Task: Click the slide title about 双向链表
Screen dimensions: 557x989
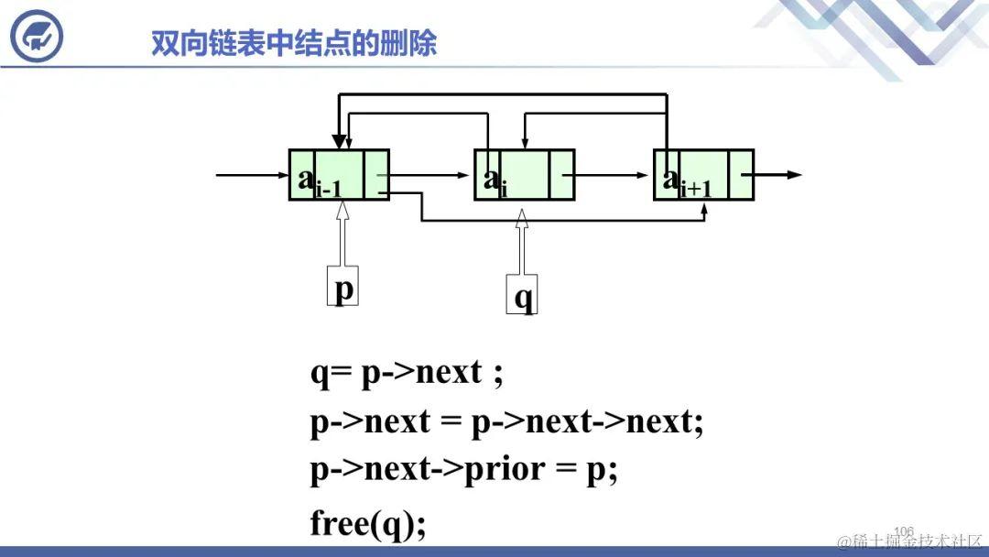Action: pos(294,43)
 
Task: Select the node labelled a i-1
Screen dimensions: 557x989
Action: pos(339,175)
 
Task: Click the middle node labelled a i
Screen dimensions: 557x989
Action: pos(524,175)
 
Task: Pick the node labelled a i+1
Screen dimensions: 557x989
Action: pos(703,175)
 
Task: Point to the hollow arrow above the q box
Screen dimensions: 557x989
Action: pos(522,243)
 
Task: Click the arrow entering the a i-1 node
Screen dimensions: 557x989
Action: pos(252,174)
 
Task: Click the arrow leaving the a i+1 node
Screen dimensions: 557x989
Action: pos(778,174)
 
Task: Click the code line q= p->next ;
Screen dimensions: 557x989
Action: pos(407,373)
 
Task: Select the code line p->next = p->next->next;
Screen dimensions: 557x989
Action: pos(506,421)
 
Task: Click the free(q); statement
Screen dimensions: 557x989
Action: pos(368,523)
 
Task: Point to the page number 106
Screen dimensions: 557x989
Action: pos(904,531)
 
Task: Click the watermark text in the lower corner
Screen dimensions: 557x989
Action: pos(910,541)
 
